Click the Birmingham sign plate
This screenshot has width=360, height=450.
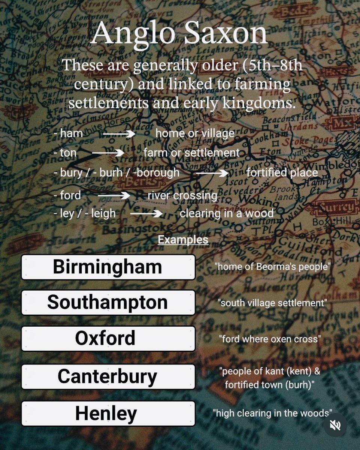(108, 267)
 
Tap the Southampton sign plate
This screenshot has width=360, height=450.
(108, 303)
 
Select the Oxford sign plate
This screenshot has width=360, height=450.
(108, 339)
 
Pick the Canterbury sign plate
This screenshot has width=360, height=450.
(108, 376)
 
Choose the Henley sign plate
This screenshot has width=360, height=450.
(108, 413)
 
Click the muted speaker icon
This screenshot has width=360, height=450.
(335, 424)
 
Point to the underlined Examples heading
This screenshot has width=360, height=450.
(183, 239)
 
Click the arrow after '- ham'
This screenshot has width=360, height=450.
(119, 133)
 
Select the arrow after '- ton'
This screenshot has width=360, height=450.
(108, 153)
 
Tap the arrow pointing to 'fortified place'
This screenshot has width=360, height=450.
(212, 173)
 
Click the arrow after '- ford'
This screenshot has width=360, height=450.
(114, 196)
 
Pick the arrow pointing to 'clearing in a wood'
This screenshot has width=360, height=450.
(146, 214)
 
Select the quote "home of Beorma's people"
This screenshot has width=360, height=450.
(272, 267)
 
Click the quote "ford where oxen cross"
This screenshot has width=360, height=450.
(270, 339)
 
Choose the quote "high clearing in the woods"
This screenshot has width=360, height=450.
(272, 413)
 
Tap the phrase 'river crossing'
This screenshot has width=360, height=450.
(182, 196)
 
